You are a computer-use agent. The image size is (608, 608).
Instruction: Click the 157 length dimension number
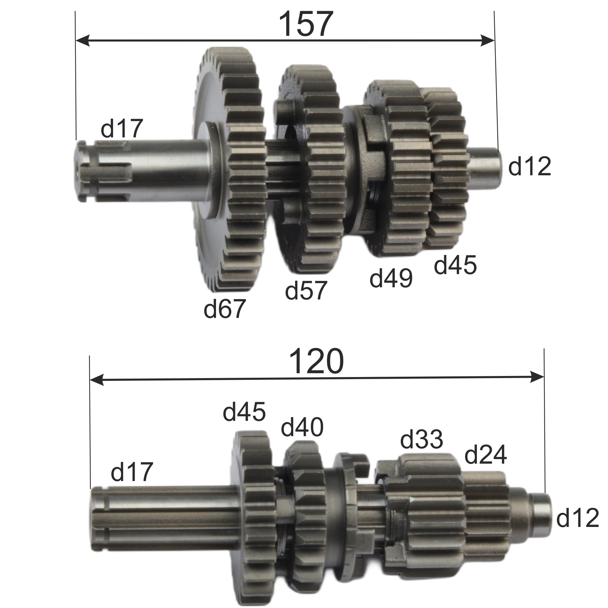point(306,24)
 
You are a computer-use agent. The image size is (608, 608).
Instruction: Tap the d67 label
point(224,308)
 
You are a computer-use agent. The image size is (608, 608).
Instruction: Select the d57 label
point(306,290)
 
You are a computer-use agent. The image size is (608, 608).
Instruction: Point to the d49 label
point(391,278)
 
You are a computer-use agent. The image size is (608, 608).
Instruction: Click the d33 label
point(422,439)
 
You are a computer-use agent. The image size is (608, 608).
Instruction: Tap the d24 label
point(486,454)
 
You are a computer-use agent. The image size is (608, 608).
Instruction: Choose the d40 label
point(302,427)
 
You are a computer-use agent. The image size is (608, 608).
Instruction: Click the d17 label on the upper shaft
point(122,128)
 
